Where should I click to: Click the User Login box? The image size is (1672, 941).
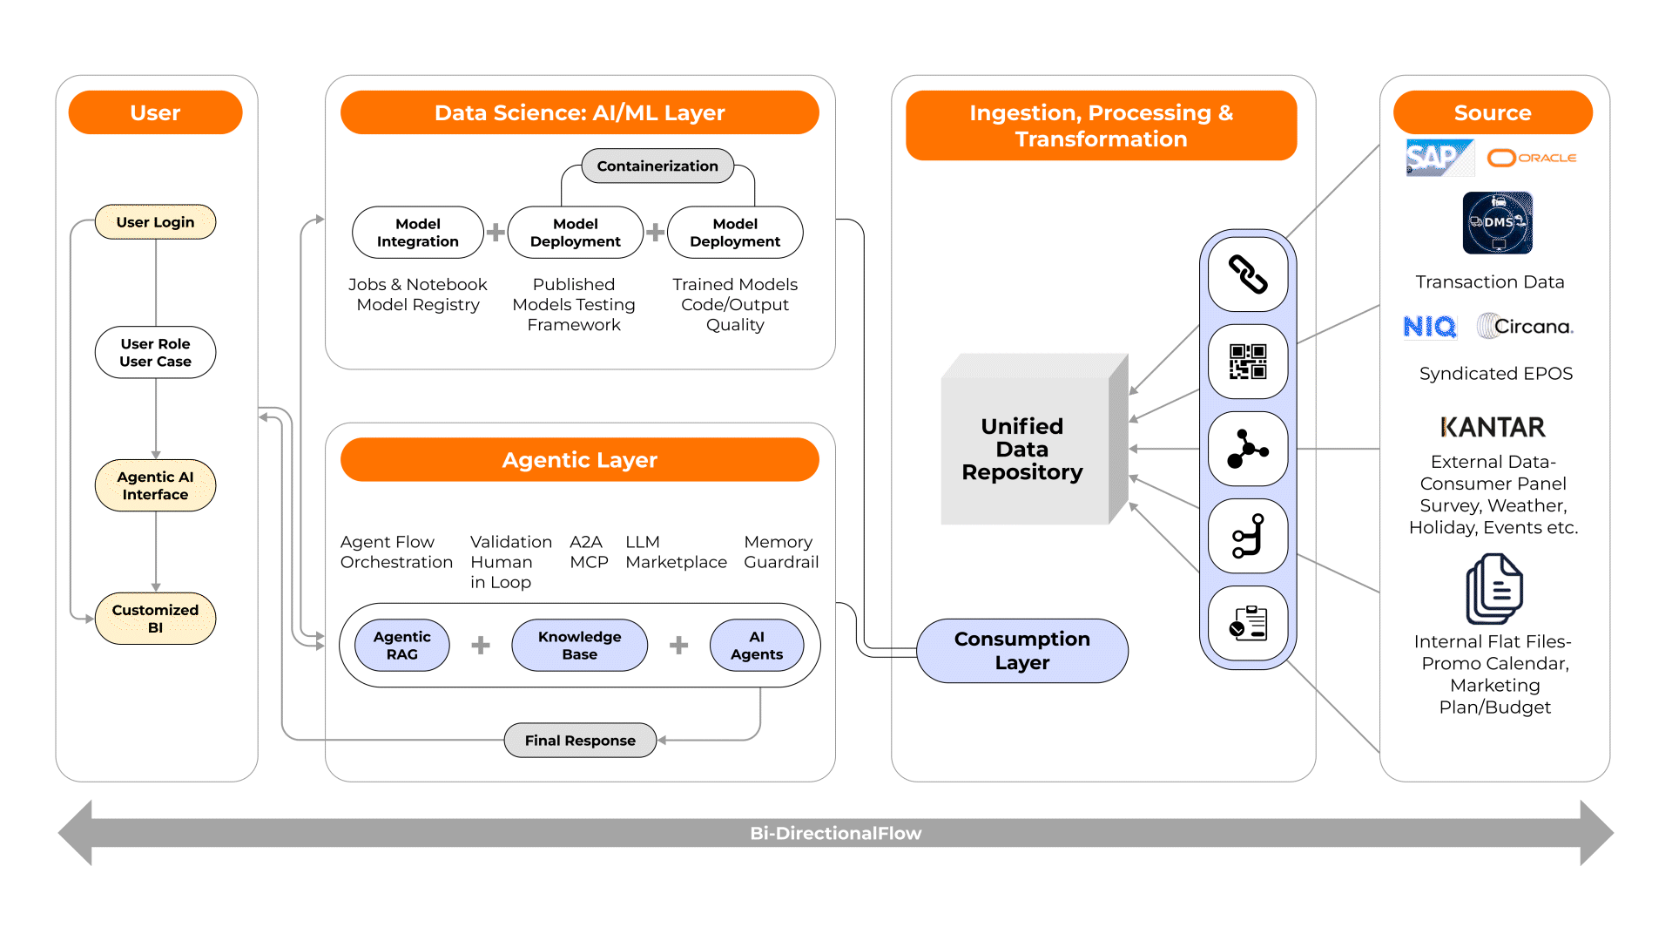tap(155, 222)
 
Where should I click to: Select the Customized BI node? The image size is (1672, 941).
tap(155, 619)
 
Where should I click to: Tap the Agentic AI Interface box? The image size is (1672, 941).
tap(155, 485)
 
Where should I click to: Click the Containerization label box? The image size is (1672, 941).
tap(657, 166)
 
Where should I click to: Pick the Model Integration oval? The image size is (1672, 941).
tap(417, 233)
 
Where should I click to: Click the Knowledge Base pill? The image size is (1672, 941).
tap(579, 646)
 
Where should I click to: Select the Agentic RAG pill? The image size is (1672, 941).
tap(401, 646)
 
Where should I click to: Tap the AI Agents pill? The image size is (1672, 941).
tap(756, 646)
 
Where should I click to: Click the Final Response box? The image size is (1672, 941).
tap(580, 741)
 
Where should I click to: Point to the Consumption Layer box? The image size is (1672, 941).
tap(1021, 651)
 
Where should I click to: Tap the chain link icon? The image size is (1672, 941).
tap(1247, 274)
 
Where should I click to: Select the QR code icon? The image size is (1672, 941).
tap(1247, 362)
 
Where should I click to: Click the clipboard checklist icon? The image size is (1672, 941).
tap(1247, 623)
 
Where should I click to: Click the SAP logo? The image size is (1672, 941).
tap(1439, 158)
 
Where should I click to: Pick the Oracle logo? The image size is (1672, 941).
tap(1532, 158)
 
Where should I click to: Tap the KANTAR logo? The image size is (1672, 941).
tap(1493, 427)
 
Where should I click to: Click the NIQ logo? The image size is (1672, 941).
tap(1429, 327)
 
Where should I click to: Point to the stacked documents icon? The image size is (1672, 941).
tap(1493, 590)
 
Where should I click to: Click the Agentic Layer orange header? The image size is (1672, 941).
tap(579, 460)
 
